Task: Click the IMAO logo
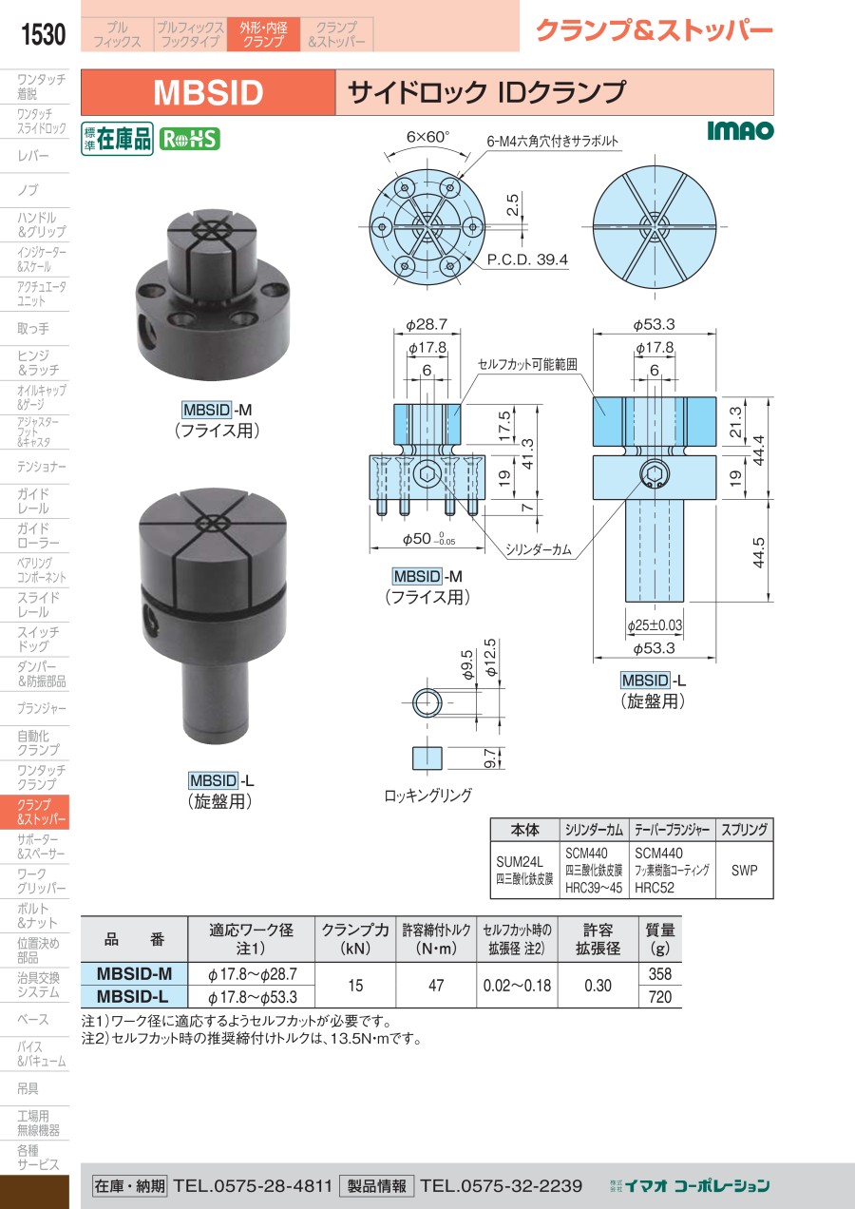[x=740, y=130]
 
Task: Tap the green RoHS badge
[x=190, y=140]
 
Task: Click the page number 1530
[x=43, y=34]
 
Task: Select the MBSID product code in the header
[x=208, y=92]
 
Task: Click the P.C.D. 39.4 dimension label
[x=527, y=260]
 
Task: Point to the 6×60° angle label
[x=427, y=137]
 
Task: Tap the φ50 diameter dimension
[x=428, y=539]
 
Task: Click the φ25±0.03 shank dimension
[x=655, y=625]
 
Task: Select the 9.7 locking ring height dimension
[x=490, y=758]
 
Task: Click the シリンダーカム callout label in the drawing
[x=538, y=549]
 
